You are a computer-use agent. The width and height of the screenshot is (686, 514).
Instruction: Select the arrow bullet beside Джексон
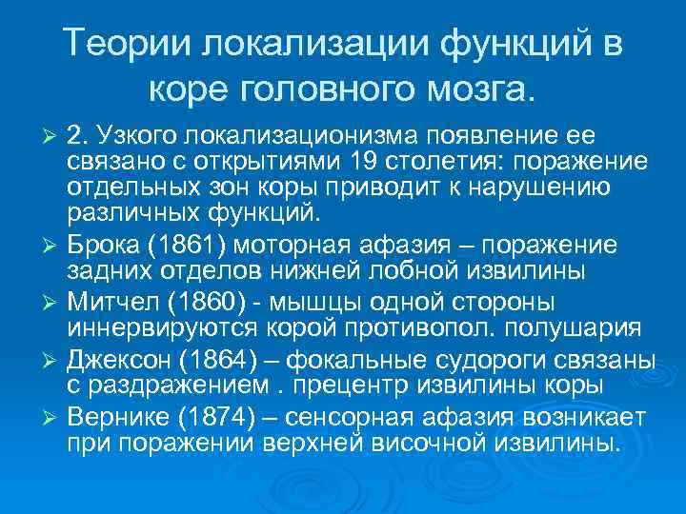[x=51, y=364]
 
